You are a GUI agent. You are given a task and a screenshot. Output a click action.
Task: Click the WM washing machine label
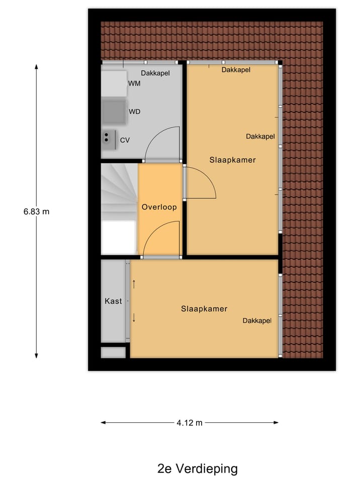point(134,83)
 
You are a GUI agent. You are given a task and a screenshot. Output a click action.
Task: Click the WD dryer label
point(134,111)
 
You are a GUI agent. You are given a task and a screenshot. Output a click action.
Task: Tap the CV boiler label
point(125,140)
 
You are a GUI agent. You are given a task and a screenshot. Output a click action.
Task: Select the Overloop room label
point(159,207)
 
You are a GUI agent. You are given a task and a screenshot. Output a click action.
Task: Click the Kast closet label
point(113,301)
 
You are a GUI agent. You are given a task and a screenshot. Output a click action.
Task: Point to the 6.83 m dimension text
point(36,211)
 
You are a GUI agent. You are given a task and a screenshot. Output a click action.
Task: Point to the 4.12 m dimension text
point(190,423)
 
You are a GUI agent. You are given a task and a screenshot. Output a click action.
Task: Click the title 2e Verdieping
point(197,469)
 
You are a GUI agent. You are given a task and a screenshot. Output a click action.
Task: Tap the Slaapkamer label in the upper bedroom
point(232,160)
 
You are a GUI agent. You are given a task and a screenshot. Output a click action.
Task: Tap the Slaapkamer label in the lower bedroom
point(204,309)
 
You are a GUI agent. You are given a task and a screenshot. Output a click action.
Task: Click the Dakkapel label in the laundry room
point(155,73)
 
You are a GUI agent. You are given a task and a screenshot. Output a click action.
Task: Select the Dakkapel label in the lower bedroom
point(257,321)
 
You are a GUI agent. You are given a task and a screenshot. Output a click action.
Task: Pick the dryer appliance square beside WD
point(114,111)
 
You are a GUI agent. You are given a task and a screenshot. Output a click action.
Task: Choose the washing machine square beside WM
point(114,83)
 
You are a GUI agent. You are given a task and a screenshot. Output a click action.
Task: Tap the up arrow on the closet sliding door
point(134,284)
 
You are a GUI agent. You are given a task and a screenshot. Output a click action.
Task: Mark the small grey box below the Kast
point(113,352)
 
